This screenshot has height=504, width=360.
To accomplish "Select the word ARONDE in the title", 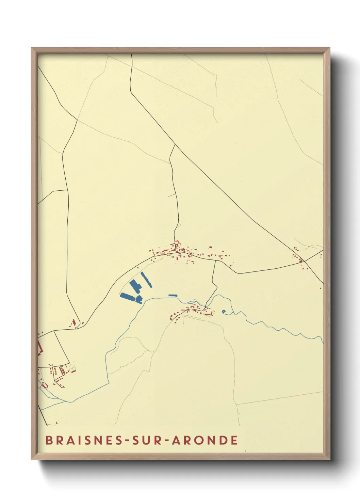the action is pos(204,440).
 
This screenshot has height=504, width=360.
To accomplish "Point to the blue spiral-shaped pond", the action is pos(224,311).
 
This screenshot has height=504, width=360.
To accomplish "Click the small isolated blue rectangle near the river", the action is pos(173,295).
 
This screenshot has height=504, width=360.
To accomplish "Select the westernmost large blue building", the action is pos(127,297).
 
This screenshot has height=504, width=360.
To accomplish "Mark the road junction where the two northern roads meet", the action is pos(175,144).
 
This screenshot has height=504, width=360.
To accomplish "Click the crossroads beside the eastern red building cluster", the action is pos(305,261).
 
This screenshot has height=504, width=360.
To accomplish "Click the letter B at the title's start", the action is pos(49,440).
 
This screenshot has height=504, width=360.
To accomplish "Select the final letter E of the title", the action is pos(234,440).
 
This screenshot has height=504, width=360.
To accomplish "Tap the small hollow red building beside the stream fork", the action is pos(45,385).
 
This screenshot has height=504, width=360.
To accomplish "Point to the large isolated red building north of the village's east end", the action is pos(210,247).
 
